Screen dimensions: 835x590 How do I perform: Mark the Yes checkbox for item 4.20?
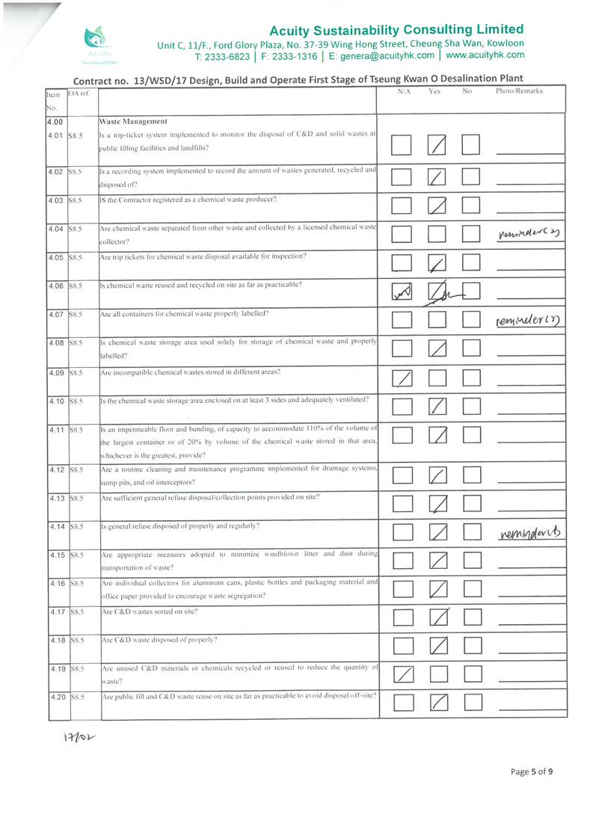click(437, 702)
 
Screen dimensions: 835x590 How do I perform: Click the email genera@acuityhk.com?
click(384, 55)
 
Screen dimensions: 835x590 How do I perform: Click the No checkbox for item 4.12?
click(471, 475)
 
